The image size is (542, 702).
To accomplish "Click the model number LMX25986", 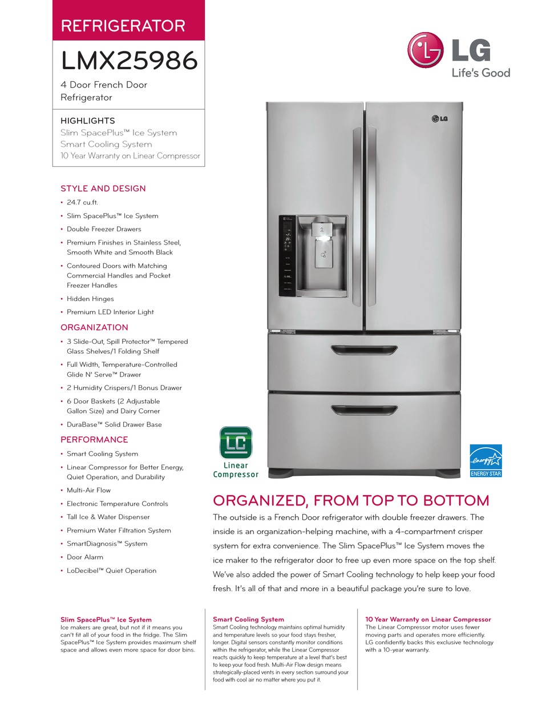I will click(129, 61).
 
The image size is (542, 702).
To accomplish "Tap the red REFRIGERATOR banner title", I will click(123, 26).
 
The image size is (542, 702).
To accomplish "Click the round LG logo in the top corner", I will click(426, 49).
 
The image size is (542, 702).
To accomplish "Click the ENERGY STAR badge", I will click(486, 460).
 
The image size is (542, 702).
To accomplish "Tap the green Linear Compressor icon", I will click(236, 443).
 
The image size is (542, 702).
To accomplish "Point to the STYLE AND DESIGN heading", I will click(103, 188).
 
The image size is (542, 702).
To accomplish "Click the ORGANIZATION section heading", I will click(94, 327).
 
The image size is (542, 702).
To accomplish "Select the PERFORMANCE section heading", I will click(94, 439).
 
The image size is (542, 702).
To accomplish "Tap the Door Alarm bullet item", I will click(85, 557).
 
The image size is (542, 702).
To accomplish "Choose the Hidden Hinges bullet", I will click(90, 299).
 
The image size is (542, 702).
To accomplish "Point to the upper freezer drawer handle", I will click(364, 349).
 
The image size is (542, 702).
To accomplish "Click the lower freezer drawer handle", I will click(364, 410).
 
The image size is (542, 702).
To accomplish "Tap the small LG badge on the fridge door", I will click(438, 119).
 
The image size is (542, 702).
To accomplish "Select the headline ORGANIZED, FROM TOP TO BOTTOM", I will click(351, 501).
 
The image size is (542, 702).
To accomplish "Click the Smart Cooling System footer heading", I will click(248, 619).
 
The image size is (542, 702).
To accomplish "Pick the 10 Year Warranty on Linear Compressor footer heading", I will click(428, 619).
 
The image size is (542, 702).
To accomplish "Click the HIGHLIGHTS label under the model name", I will click(88, 121).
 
